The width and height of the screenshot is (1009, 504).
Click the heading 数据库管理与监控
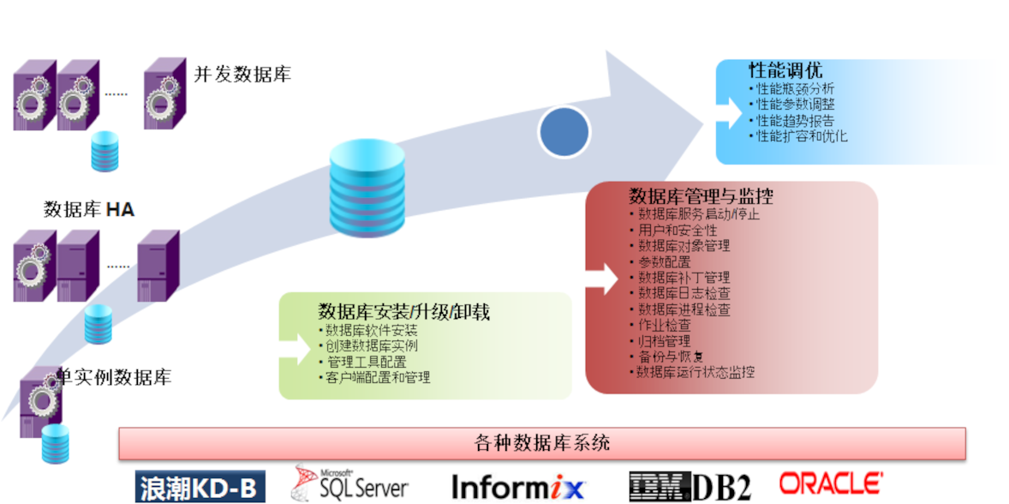coord(701,196)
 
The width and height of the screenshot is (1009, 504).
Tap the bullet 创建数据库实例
coord(372,345)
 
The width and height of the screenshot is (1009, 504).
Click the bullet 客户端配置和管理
coord(378,377)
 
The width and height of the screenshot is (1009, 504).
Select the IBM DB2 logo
coord(690,486)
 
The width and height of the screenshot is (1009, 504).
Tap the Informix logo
coord(518,487)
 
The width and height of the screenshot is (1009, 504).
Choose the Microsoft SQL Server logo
coord(351,483)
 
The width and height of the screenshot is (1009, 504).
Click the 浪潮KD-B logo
coord(200,487)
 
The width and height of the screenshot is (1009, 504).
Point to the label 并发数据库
coord(243,75)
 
